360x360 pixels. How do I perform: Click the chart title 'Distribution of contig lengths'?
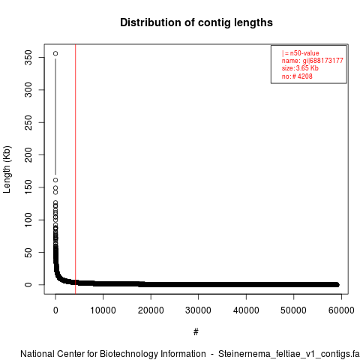coord(196,22)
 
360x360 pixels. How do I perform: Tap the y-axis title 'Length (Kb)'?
coord(7,169)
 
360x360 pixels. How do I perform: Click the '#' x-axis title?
coord(196,331)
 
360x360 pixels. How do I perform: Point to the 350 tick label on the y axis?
coord(28,58)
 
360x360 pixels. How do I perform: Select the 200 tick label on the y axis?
coord(28,154)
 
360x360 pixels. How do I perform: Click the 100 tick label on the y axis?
coord(28,220)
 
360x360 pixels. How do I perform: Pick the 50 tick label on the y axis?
coord(28,252)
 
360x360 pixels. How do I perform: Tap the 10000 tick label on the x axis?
coord(103,310)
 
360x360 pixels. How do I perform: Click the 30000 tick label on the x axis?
coord(198,310)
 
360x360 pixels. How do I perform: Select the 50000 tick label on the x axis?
coord(293,310)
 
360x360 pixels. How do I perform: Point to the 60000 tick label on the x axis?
coord(341,310)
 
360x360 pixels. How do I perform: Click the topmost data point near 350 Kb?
coord(55,53)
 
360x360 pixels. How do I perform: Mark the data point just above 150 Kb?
coord(55,180)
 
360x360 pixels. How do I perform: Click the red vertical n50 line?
coord(75,169)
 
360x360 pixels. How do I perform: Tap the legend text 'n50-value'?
coord(304,53)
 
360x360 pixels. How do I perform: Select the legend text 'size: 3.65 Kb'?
coord(300,68)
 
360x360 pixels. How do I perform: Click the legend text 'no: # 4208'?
coord(297,76)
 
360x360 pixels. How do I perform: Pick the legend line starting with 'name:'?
coord(313,61)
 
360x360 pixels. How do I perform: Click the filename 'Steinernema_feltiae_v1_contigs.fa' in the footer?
coord(289,354)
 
